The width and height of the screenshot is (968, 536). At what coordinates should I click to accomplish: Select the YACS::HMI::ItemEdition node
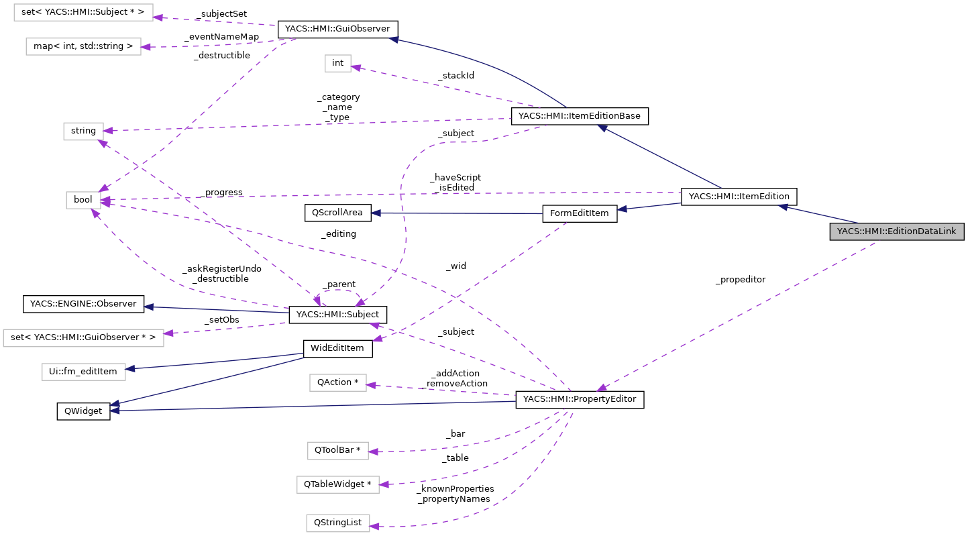click(x=739, y=197)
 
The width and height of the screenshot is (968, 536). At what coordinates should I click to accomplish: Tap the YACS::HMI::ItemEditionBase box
click(x=580, y=116)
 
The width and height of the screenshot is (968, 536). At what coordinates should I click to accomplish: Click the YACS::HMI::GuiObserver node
click(x=337, y=30)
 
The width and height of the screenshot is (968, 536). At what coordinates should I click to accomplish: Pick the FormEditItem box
click(x=579, y=213)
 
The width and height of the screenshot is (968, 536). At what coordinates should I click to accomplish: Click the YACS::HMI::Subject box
click(x=337, y=315)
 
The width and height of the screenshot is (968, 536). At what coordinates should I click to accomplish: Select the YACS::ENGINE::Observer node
click(x=83, y=304)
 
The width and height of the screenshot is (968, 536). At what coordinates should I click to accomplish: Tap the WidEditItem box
click(x=337, y=348)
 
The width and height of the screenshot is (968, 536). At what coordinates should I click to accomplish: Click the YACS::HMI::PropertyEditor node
click(x=579, y=400)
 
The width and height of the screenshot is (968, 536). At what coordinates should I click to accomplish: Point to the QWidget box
click(x=83, y=411)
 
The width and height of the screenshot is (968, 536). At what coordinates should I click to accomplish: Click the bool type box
click(x=83, y=200)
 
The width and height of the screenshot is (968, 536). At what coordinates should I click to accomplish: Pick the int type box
click(x=337, y=63)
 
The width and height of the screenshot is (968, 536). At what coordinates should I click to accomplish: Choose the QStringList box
click(x=337, y=523)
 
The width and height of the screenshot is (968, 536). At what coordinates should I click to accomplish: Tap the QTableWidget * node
click(x=337, y=484)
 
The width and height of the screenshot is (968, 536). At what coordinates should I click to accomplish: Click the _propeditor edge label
click(x=740, y=279)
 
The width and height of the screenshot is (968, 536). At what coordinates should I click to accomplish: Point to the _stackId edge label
click(x=455, y=76)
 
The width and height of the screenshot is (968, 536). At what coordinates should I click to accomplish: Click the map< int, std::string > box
click(x=83, y=47)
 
